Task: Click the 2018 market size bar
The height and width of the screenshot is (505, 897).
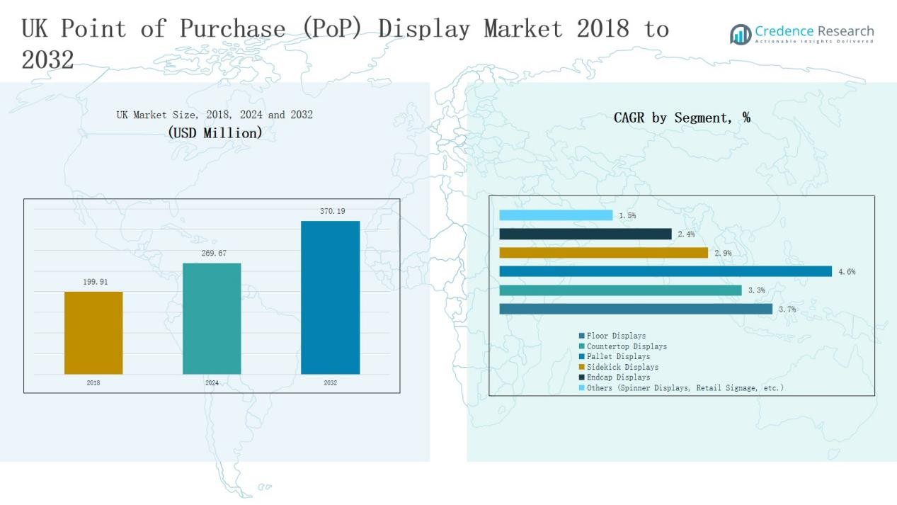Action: [93, 333]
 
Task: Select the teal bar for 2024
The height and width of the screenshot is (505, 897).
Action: [212, 319]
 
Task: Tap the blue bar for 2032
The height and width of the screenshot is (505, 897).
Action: [330, 297]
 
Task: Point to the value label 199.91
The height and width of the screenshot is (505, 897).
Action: [96, 282]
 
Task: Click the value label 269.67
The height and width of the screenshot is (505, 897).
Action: [213, 254]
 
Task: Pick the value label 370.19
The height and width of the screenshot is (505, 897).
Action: [332, 211]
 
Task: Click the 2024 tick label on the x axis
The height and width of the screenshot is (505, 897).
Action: [212, 383]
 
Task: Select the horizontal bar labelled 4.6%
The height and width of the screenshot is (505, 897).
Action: [665, 271]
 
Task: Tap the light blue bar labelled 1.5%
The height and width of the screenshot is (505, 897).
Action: [556, 215]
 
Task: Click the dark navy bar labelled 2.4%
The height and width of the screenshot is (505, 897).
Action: [585, 234]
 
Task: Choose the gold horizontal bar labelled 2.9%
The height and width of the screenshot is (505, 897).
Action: [603, 253]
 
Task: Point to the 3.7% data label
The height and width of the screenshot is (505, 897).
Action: [787, 310]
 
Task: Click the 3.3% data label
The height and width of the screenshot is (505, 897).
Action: [756, 290]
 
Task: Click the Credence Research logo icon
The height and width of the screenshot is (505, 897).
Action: [741, 34]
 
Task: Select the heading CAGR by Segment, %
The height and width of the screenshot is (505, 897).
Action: [682, 118]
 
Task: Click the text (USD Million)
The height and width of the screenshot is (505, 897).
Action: [215, 132]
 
